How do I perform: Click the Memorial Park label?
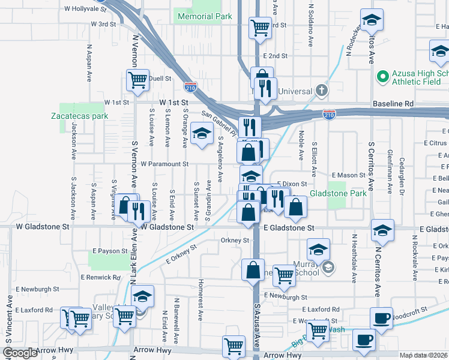point(203,17)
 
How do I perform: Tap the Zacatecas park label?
point(79,116)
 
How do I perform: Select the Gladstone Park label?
point(338,194)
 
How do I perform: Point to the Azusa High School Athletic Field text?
point(412,77)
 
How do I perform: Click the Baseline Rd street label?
point(393,104)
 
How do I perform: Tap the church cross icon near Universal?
point(322,91)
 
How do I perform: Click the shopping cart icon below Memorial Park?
point(260,27)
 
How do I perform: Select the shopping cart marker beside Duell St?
point(137,80)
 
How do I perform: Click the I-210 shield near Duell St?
point(190,88)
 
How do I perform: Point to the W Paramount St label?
point(164,164)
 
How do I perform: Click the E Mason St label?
point(348,175)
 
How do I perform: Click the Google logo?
point(20,353)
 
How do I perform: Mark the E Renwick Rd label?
point(98,277)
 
